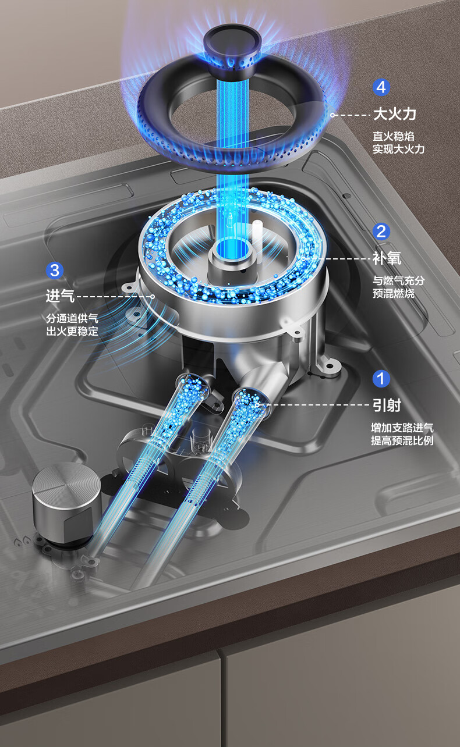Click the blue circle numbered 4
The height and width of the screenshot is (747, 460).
tap(381, 87)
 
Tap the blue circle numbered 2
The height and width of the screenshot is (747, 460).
tap(381, 232)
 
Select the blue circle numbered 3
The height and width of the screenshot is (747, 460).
tap(55, 270)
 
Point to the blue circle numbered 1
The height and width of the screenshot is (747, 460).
tap(381, 379)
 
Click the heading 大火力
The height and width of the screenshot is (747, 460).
tap(395, 114)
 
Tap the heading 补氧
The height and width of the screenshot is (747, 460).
tap(387, 258)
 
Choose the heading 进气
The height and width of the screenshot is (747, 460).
tap(60, 296)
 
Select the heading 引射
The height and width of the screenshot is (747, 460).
tap(387, 405)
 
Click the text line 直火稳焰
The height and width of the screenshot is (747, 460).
tap(394, 136)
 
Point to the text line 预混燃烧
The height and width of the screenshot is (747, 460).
tap(394, 293)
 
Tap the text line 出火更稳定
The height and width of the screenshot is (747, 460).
tap(72, 331)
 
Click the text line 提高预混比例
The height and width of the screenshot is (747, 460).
tap(402, 440)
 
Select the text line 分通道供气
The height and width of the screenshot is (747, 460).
tap(72, 318)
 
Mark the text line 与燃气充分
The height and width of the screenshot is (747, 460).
tap(399, 280)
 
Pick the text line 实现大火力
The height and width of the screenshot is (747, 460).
tap(399, 149)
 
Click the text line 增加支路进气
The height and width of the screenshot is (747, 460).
tap(402, 428)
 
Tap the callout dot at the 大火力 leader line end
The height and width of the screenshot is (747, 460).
tap(332, 115)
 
